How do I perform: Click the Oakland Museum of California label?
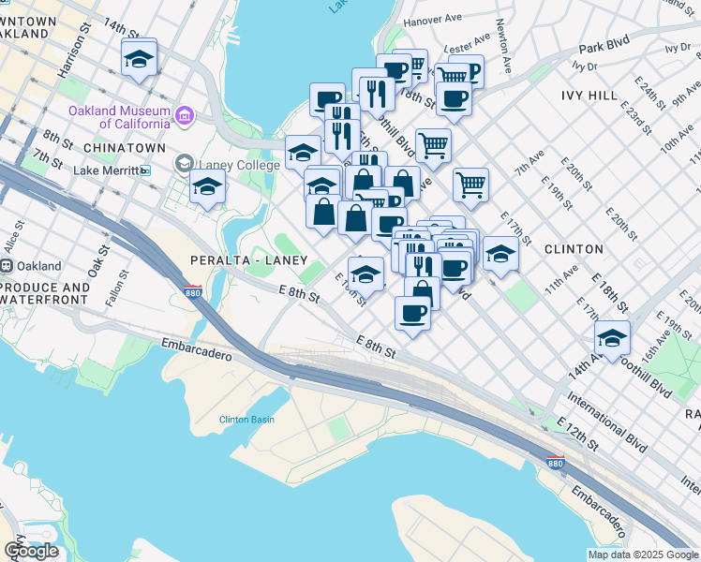click(x=118, y=117)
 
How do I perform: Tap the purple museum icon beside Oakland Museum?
click(x=184, y=116)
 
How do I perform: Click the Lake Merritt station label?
click(x=105, y=170)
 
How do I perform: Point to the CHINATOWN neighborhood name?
click(x=125, y=148)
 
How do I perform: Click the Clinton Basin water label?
click(x=246, y=419)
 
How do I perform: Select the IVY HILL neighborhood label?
click(x=589, y=96)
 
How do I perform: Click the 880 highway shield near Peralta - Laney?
click(x=193, y=292)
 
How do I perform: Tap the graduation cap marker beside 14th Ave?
click(x=612, y=339)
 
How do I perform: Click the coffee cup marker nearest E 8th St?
click(x=411, y=313)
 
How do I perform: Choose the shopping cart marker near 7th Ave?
click(x=470, y=184)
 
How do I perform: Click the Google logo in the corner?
click(x=31, y=550)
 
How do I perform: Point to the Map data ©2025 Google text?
click(x=643, y=555)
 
